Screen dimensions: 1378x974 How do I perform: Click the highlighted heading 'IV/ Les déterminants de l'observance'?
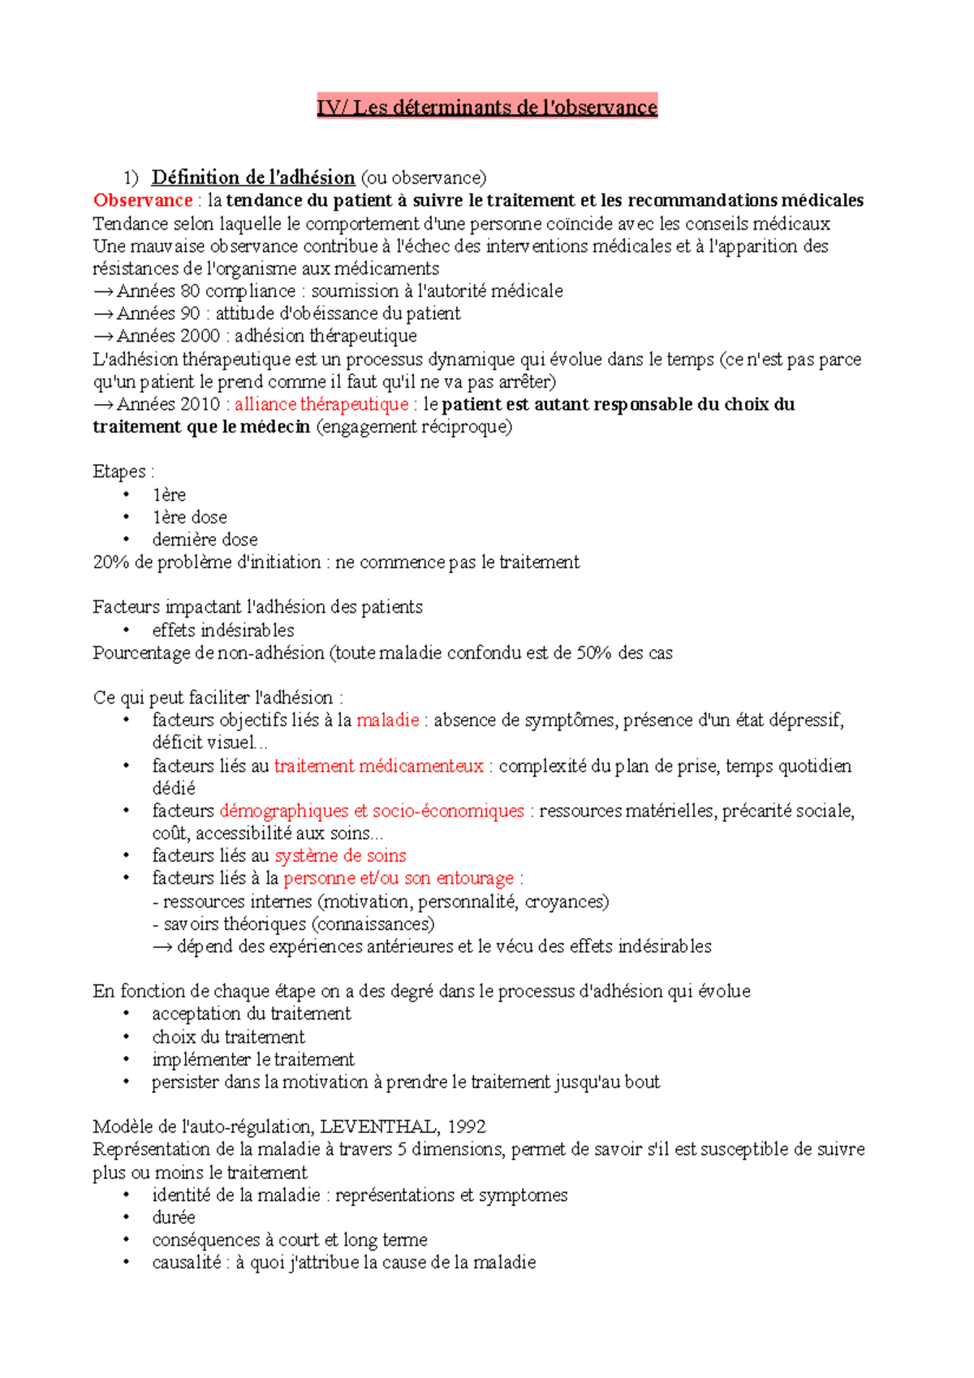pos(486,107)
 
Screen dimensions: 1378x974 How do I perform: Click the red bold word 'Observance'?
pos(143,200)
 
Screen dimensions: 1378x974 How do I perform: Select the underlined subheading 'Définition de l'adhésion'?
pos(253,177)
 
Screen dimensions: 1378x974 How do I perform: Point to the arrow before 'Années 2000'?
pos(103,336)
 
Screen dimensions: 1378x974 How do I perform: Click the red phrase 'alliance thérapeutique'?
pos(321,404)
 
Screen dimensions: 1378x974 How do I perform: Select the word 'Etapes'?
pos(119,472)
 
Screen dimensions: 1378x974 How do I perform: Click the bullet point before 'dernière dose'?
pos(127,540)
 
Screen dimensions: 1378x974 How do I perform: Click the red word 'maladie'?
pos(387,720)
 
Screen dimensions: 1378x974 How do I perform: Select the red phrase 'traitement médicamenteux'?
pos(378,765)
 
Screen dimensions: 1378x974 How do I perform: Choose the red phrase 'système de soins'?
pos(340,855)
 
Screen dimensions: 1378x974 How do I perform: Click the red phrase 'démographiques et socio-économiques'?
pos(372,811)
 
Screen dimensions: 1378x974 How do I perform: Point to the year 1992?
pos(466,1126)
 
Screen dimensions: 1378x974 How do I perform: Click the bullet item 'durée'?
pos(174,1217)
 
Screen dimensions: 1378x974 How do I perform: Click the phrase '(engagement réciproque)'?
pos(414,427)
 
